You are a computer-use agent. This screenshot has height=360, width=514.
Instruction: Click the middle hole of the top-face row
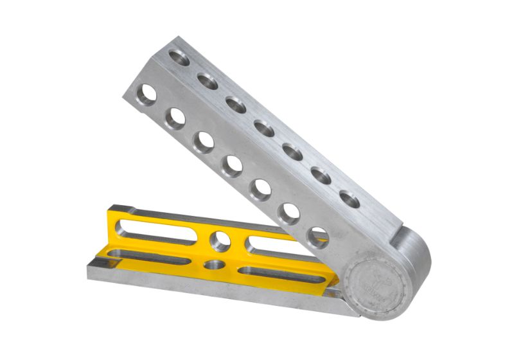264,128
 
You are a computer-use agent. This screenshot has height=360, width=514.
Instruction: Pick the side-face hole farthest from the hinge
147,95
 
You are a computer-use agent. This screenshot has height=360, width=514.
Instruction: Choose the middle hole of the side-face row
232,166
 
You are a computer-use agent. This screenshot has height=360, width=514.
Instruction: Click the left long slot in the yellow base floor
151,257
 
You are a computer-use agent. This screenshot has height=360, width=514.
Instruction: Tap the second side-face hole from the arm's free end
175,118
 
